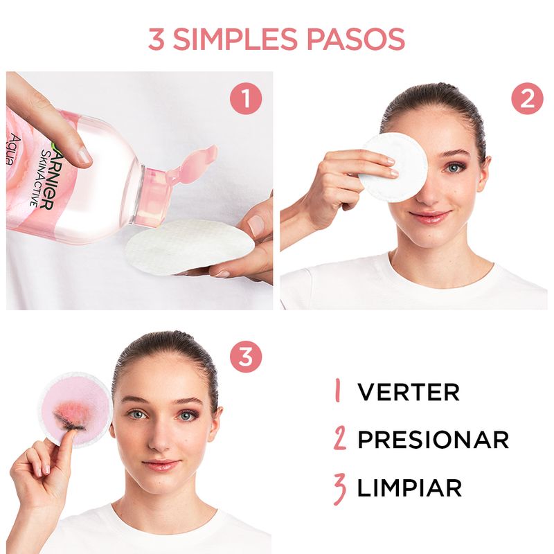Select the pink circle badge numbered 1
[246, 99]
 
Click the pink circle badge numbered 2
[527, 99]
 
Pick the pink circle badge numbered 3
[246, 358]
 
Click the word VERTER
[408, 392]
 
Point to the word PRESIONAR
[433, 440]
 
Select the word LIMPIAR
[409, 488]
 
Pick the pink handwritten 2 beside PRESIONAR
[339, 440]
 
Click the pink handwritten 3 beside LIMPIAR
[339, 488]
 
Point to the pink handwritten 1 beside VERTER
[338, 392]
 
